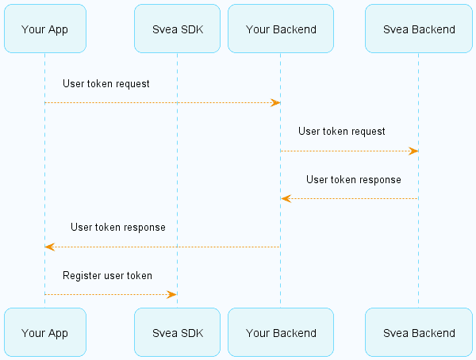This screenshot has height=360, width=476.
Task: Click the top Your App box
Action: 45,29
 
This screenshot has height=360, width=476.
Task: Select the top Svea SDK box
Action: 177,29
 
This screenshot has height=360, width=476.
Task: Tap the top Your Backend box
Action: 281,29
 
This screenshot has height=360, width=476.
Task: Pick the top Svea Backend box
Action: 419,29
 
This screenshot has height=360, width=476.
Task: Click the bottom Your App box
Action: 45,332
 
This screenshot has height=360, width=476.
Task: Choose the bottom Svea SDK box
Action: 177,332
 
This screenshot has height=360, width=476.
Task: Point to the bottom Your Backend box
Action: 281,332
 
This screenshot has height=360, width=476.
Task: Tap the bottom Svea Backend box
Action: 419,332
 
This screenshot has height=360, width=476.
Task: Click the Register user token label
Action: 107,276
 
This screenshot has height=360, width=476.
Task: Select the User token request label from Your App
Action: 106,84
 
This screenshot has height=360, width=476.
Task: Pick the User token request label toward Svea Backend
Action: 341,132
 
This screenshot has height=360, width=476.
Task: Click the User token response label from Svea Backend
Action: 354,180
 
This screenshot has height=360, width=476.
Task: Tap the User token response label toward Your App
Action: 118,228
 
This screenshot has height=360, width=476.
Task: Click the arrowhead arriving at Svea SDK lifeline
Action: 171,294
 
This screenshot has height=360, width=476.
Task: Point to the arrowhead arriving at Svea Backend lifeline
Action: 413,151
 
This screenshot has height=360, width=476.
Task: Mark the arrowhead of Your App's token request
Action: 275,102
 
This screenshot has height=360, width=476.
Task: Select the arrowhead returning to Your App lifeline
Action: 50,247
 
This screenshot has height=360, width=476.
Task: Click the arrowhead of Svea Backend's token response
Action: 286,199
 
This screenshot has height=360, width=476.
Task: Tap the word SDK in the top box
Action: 192,29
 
